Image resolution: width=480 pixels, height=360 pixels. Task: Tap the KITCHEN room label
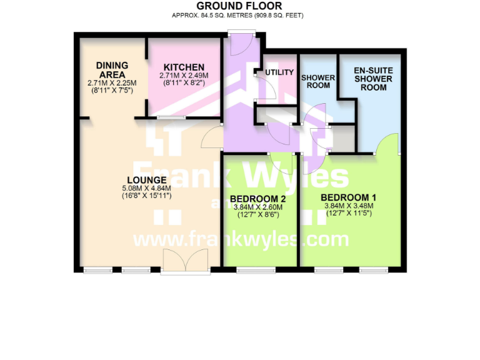click(184, 67)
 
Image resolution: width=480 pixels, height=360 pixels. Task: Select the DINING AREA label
click(112, 70)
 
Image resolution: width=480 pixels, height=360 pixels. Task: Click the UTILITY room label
click(279, 72)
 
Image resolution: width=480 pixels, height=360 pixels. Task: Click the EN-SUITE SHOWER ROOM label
click(372, 79)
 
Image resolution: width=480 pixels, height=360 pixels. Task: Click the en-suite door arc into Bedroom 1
click(387, 144)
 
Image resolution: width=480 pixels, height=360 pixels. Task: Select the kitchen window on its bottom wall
click(171, 117)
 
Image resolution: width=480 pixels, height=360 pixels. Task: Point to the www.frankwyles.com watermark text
click(241, 239)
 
